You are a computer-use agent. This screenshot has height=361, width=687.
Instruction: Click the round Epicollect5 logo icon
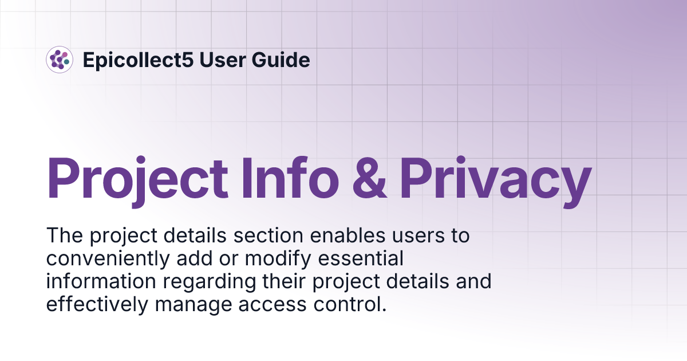(x=60, y=60)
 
